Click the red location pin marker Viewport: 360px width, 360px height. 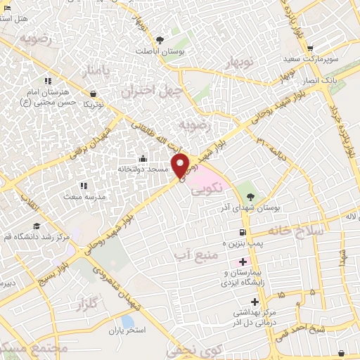[x=181, y=166]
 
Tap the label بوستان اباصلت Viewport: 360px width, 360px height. [x=160, y=51]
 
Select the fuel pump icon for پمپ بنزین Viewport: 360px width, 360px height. [x=243, y=232]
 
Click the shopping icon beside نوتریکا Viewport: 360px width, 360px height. [x=94, y=94]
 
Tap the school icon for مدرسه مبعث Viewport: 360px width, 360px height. [x=83, y=186]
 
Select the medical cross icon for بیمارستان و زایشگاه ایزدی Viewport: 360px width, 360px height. [x=243, y=262]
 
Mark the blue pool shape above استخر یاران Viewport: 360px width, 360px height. [x=127, y=321]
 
